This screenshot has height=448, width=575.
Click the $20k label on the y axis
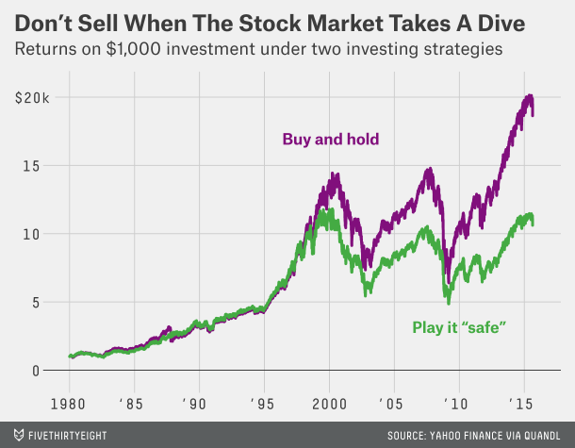pyautogui.click(x=32, y=97)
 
